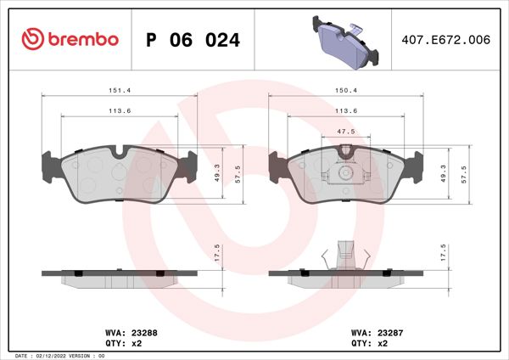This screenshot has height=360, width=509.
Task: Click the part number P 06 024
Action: tap(193, 40)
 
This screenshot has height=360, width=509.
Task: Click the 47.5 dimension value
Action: tap(344, 132)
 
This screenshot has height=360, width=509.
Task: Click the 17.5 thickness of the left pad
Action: tap(217, 252)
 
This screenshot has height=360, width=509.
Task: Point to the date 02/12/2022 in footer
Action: tap(54, 355)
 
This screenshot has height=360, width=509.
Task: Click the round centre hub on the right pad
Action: tap(344, 173)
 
